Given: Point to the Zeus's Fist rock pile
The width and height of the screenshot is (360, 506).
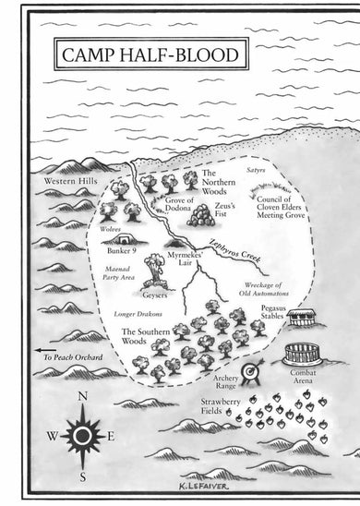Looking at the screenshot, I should tap(203, 217).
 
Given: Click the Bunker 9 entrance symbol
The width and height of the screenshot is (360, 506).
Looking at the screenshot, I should tap(115, 239).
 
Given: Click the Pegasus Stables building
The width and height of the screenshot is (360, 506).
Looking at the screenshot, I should tap(303, 317).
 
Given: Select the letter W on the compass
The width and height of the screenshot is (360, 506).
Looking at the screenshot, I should tap(53, 436).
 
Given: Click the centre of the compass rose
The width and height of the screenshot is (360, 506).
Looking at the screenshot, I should tap(82, 436).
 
